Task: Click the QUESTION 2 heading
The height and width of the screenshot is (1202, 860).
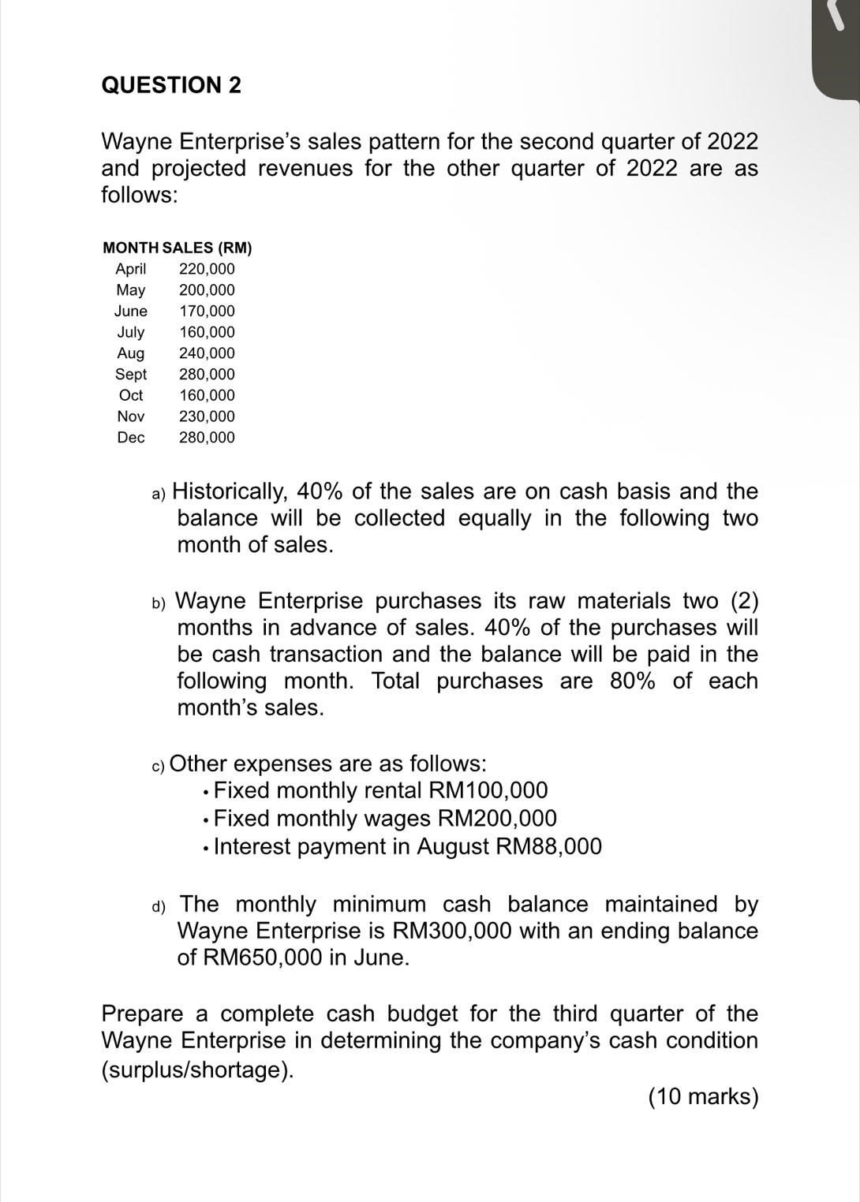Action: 171,85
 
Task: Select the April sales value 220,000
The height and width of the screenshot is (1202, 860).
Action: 207,269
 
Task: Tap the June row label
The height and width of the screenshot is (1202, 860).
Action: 130,311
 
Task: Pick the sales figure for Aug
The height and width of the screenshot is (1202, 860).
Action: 207,353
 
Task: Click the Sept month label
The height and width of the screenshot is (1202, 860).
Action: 131,374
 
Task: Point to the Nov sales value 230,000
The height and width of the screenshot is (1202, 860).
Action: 207,416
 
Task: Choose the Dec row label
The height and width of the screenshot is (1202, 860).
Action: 131,437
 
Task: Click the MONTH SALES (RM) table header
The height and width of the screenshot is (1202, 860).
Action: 178,248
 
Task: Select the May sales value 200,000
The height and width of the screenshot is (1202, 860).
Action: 207,290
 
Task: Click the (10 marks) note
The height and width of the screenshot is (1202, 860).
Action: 702,1097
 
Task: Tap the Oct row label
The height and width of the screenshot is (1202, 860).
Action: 131,395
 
